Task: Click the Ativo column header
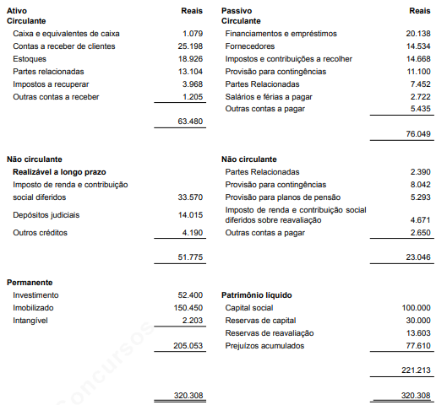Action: [17, 8]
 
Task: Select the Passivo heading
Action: [237, 8]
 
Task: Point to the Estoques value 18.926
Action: [190, 58]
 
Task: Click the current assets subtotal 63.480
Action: [190, 121]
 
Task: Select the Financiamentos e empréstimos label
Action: [281, 33]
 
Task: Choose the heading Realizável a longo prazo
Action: [59, 171]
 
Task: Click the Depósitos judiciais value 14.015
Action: [190, 215]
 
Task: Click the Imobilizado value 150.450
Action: [188, 307]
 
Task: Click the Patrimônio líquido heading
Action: [256, 294]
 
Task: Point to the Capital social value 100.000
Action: [414, 307]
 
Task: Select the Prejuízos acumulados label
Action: [264, 345]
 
